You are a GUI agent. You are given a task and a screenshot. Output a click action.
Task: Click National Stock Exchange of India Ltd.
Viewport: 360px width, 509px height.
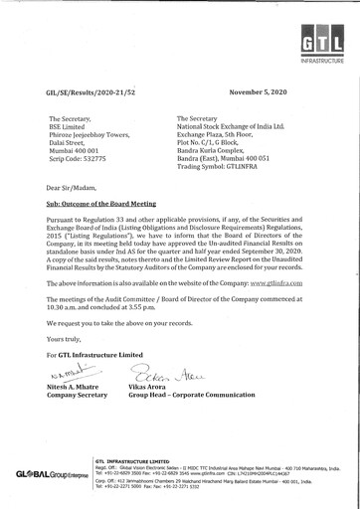[x=231, y=126]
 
